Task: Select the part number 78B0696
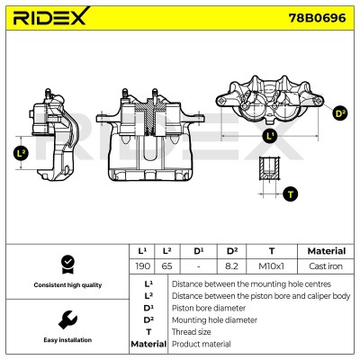click(x=317, y=18)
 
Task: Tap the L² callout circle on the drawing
click(x=21, y=154)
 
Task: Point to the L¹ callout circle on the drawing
click(x=270, y=137)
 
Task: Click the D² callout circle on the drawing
click(x=340, y=113)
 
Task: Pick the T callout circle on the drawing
click(x=290, y=194)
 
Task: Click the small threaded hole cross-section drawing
click(x=269, y=168)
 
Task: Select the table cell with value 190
click(x=142, y=266)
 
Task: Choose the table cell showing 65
click(x=167, y=266)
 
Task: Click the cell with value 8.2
click(x=231, y=266)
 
